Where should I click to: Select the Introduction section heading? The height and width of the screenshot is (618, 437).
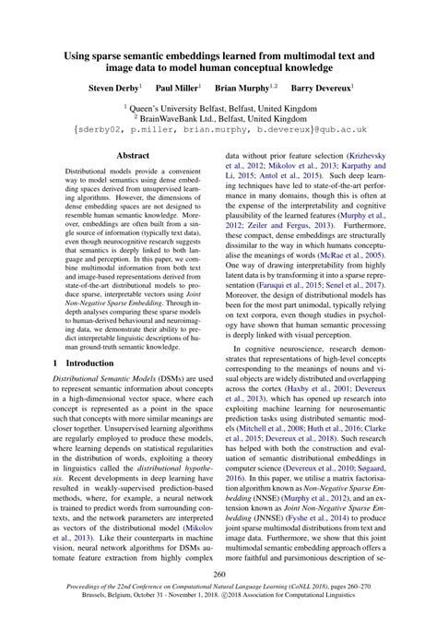[x=91, y=364]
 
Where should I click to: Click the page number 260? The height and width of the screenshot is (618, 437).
[x=218, y=574]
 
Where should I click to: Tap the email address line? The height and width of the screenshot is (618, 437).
[x=218, y=132]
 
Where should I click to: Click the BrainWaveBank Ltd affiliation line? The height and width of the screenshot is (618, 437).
[x=218, y=119]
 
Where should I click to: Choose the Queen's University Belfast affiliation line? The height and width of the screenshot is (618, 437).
[x=218, y=108]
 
